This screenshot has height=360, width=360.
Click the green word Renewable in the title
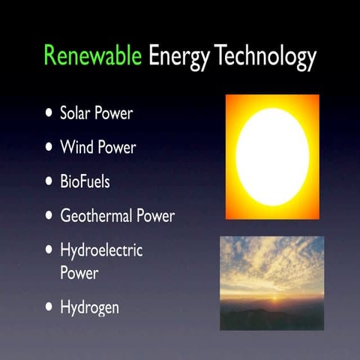pyautogui.click(x=93, y=56)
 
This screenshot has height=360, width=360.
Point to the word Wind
pyautogui.click(x=76, y=147)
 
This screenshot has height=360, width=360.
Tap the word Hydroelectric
pyautogui.click(x=100, y=250)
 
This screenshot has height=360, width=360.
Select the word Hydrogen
pyautogui.click(x=89, y=307)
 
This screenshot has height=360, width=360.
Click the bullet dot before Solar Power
pyautogui.click(x=49, y=115)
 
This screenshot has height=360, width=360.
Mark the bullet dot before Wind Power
pyautogui.click(x=49, y=148)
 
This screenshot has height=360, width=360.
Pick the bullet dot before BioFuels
pyautogui.click(x=49, y=181)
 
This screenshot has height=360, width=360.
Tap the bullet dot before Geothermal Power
pyautogui.click(x=49, y=216)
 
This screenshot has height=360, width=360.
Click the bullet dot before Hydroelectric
pyautogui.click(x=49, y=250)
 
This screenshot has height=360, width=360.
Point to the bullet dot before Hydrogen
pyautogui.click(x=49, y=307)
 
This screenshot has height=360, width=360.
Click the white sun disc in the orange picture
pyautogui.click(x=272, y=157)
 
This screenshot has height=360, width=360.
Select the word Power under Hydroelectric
pyautogui.click(x=79, y=273)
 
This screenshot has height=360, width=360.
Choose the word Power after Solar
pyautogui.click(x=115, y=114)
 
